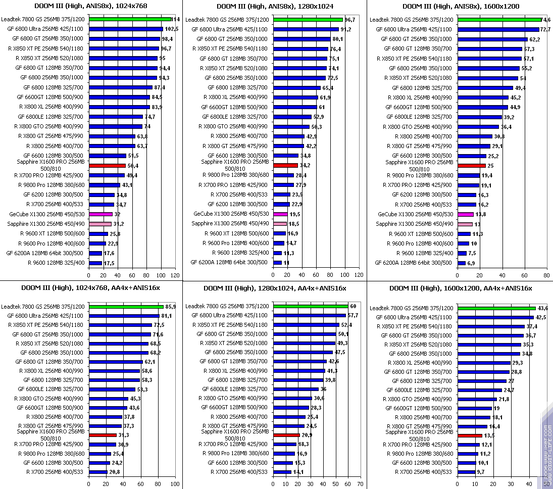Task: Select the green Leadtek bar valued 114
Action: pos(130,19)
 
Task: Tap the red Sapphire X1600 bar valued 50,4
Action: pos(107,166)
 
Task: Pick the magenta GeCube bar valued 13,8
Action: pos(465,214)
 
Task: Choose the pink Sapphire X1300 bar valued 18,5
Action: pos(280,224)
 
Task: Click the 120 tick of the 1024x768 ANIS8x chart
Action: pos(175,275)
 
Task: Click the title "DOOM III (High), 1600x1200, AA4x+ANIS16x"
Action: pos(461,288)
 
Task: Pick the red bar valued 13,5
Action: pos(470,435)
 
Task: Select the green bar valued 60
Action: pos(311,306)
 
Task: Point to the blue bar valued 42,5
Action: pos(495,317)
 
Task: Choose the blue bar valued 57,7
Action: pos(309,315)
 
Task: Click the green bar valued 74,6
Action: pos(499,19)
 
